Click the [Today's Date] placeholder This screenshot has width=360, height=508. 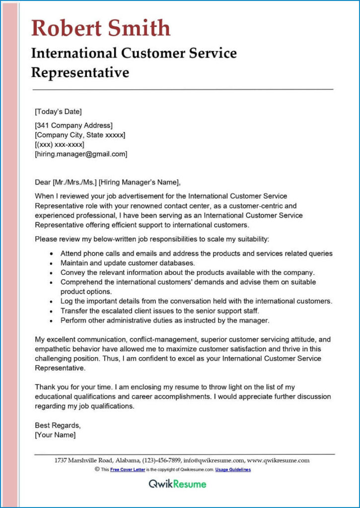(x=58, y=111)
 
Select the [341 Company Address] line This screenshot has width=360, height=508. (x=73, y=126)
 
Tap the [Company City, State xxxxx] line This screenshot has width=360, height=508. (x=80, y=135)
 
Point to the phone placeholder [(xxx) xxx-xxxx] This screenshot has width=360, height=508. (x=59, y=144)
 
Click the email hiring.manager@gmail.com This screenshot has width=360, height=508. (x=81, y=154)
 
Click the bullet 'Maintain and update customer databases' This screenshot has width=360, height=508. (x=128, y=263)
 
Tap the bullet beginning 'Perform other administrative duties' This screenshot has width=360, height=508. (x=165, y=320)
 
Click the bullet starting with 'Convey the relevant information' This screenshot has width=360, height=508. (x=187, y=272)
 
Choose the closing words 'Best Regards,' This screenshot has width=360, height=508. (x=58, y=425)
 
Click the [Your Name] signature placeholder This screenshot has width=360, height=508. (x=55, y=435)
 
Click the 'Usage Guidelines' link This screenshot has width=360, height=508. (x=233, y=469)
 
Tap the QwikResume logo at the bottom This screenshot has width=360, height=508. (x=177, y=484)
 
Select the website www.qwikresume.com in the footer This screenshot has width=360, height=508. (x=278, y=460)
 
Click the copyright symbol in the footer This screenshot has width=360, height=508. (x=97, y=469)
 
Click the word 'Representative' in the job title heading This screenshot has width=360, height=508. (x=80, y=72)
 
